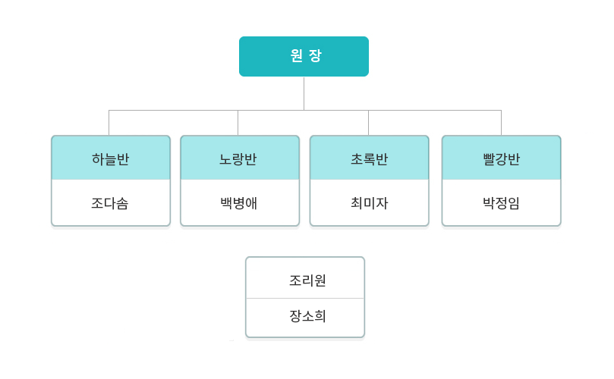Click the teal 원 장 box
point(304,56)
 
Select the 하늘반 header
point(111,158)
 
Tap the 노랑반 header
point(240,158)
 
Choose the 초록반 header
point(370,158)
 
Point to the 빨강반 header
point(501,158)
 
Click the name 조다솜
point(110,203)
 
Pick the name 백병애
point(239,203)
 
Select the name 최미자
point(370,203)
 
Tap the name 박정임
point(501,203)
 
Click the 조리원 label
point(308,280)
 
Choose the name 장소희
point(308,316)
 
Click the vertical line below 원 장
point(304,93)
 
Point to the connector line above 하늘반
point(109,123)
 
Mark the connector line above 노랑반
point(238,123)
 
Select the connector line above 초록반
point(369,123)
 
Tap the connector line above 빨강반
point(501,123)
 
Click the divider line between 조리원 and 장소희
point(305,299)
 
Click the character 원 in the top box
point(297,55)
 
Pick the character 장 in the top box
point(315,55)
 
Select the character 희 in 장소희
point(320,316)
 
